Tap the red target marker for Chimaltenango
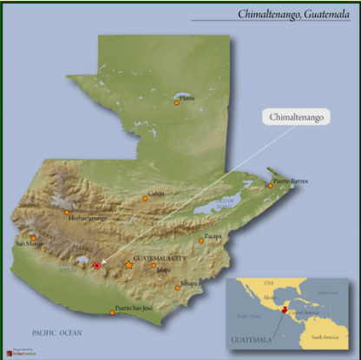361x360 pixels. click(x=96, y=266)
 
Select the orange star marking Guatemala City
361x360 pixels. click(x=129, y=265)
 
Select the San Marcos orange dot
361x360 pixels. click(x=33, y=238)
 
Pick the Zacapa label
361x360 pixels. click(x=213, y=235)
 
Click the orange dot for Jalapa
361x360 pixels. click(x=154, y=265)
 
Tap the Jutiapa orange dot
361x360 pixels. click(x=178, y=287)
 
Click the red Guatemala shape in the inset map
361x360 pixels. click(x=285, y=306)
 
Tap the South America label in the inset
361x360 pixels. click(x=331, y=334)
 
